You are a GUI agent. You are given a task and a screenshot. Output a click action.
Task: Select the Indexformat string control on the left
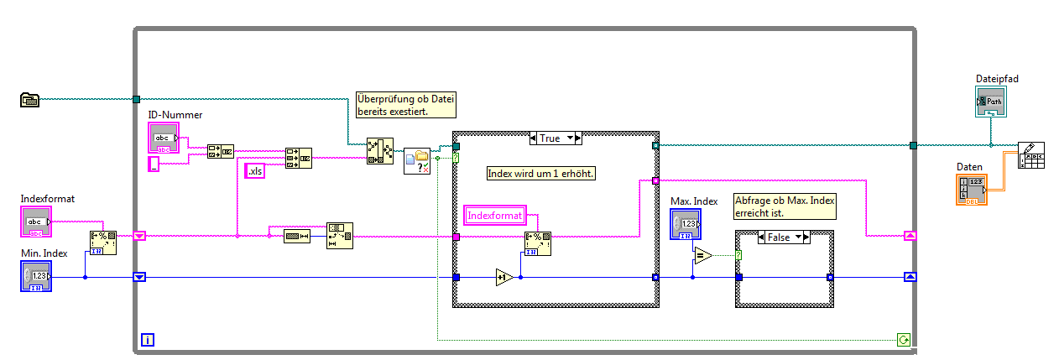click(x=35, y=222)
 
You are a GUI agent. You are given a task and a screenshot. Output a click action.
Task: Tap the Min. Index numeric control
click(x=35, y=276)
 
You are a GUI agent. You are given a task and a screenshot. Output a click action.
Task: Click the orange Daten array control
click(x=972, y=190)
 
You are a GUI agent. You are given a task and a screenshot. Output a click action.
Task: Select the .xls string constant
click(x=254, y=171)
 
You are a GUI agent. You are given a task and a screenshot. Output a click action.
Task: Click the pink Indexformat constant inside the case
click(x=494, y=216)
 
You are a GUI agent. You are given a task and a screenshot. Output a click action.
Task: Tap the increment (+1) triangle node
click(x=504, y=278)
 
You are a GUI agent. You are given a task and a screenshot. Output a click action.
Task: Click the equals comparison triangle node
click(x=702, y=255)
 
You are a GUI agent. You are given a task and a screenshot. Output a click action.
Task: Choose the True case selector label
click(x=555, y=138)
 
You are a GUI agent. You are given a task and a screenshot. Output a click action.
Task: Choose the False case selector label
click(x=783, y=237)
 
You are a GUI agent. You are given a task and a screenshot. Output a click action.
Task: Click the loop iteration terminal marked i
click(x=148, y=340)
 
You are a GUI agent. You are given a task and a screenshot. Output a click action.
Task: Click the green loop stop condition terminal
click(x=903, y=340)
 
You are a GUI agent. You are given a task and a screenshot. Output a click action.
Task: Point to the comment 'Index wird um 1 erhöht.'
click(x=541, y=174)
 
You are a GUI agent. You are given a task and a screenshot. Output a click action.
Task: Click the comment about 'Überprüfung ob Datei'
click(x=406, y=103)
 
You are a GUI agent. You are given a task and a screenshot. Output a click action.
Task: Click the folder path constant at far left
click(x=30, y=101)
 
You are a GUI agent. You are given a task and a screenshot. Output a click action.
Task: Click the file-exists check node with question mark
click(x=417, y=161)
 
